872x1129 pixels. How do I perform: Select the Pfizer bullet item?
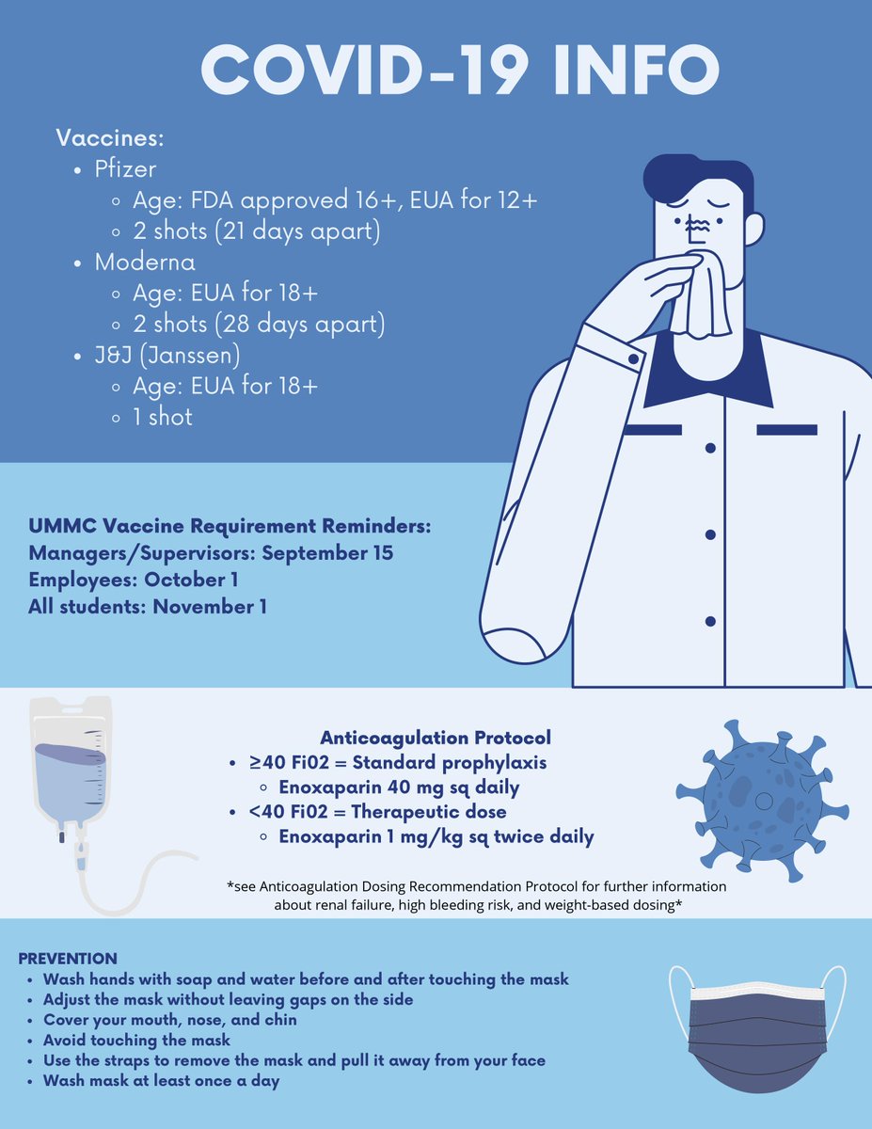(x=124, y=170)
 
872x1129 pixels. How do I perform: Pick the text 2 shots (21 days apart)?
(x=260, y=231)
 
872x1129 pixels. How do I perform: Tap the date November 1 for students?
(x=210, y=607)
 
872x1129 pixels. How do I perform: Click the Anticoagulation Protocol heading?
(x=436, y=738)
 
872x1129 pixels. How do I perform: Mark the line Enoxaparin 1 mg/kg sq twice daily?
(x=436, y=836)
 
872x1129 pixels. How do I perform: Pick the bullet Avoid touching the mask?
(x=136, y=1041)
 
